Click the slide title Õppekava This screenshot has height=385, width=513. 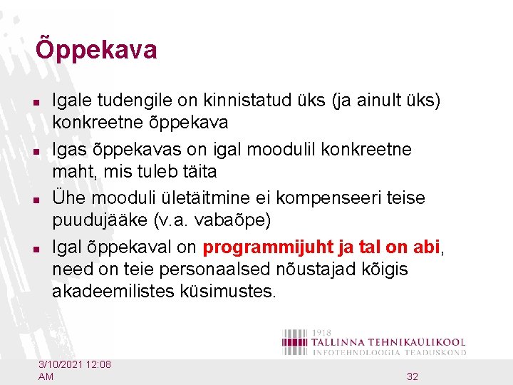(96, 51)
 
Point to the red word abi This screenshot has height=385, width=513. (426, 247)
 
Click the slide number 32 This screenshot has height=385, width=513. (413, 376)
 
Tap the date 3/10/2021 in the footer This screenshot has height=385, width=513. (61, 365)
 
